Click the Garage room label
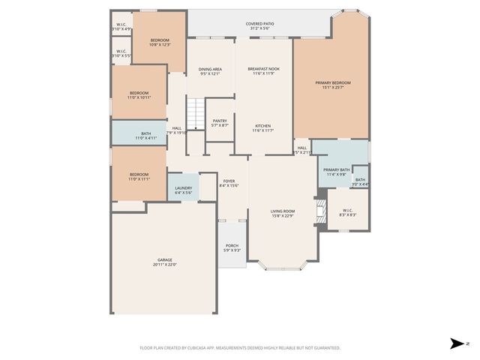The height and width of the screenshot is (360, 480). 164,262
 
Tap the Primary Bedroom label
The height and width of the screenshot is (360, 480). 332,85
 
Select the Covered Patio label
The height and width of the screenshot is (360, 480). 259,26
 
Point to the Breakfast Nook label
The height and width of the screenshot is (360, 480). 262,71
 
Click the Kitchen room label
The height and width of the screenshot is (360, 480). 262,127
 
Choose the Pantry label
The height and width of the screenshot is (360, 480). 220,122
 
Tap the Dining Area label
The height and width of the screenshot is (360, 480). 210,71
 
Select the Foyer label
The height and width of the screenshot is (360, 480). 229,183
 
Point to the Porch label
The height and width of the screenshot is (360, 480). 232,247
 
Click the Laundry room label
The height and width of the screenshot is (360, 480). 183,190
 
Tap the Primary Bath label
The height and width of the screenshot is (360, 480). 336,172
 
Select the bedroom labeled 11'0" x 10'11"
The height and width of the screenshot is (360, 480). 139,94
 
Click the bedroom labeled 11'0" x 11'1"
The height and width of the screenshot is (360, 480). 139,177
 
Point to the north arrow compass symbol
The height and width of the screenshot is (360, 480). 457,343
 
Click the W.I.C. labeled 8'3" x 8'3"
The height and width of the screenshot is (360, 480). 347,212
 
